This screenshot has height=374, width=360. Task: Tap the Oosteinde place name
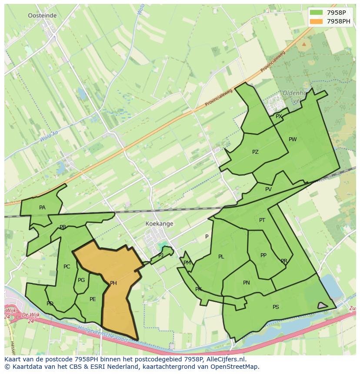[42, 15]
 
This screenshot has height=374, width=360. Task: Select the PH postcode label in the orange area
[113, 283]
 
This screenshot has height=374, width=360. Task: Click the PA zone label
[42, 208]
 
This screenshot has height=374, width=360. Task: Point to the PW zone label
[293, 139]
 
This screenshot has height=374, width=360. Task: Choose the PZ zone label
[255, 152]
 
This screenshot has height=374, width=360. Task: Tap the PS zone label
[276, 307]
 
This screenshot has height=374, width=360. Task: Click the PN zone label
[246, 283]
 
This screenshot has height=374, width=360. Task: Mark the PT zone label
[262, 220]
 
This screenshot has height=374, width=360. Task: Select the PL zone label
[221, 257]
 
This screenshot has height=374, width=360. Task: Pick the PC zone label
[67, 267]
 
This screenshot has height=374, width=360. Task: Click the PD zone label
[50, 304]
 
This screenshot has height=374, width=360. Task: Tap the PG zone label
[81, 280]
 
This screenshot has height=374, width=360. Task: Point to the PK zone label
[198, 289]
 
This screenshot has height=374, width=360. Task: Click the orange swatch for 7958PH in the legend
[316, 21]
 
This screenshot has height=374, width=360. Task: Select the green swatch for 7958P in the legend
[316, 13]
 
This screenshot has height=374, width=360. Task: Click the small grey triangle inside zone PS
[322, 305]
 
